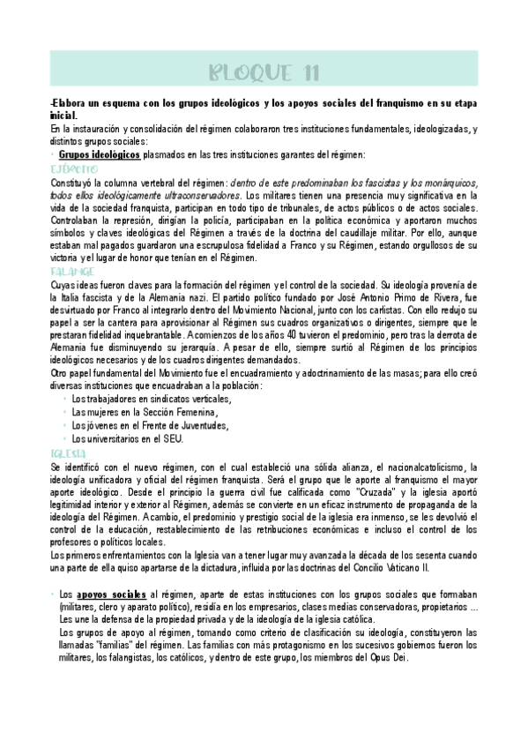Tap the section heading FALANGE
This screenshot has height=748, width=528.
[x=72, y=273]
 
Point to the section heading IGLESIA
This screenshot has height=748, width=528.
[x=69, y=453]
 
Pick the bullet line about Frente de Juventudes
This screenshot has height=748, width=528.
[x=149, y=425]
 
